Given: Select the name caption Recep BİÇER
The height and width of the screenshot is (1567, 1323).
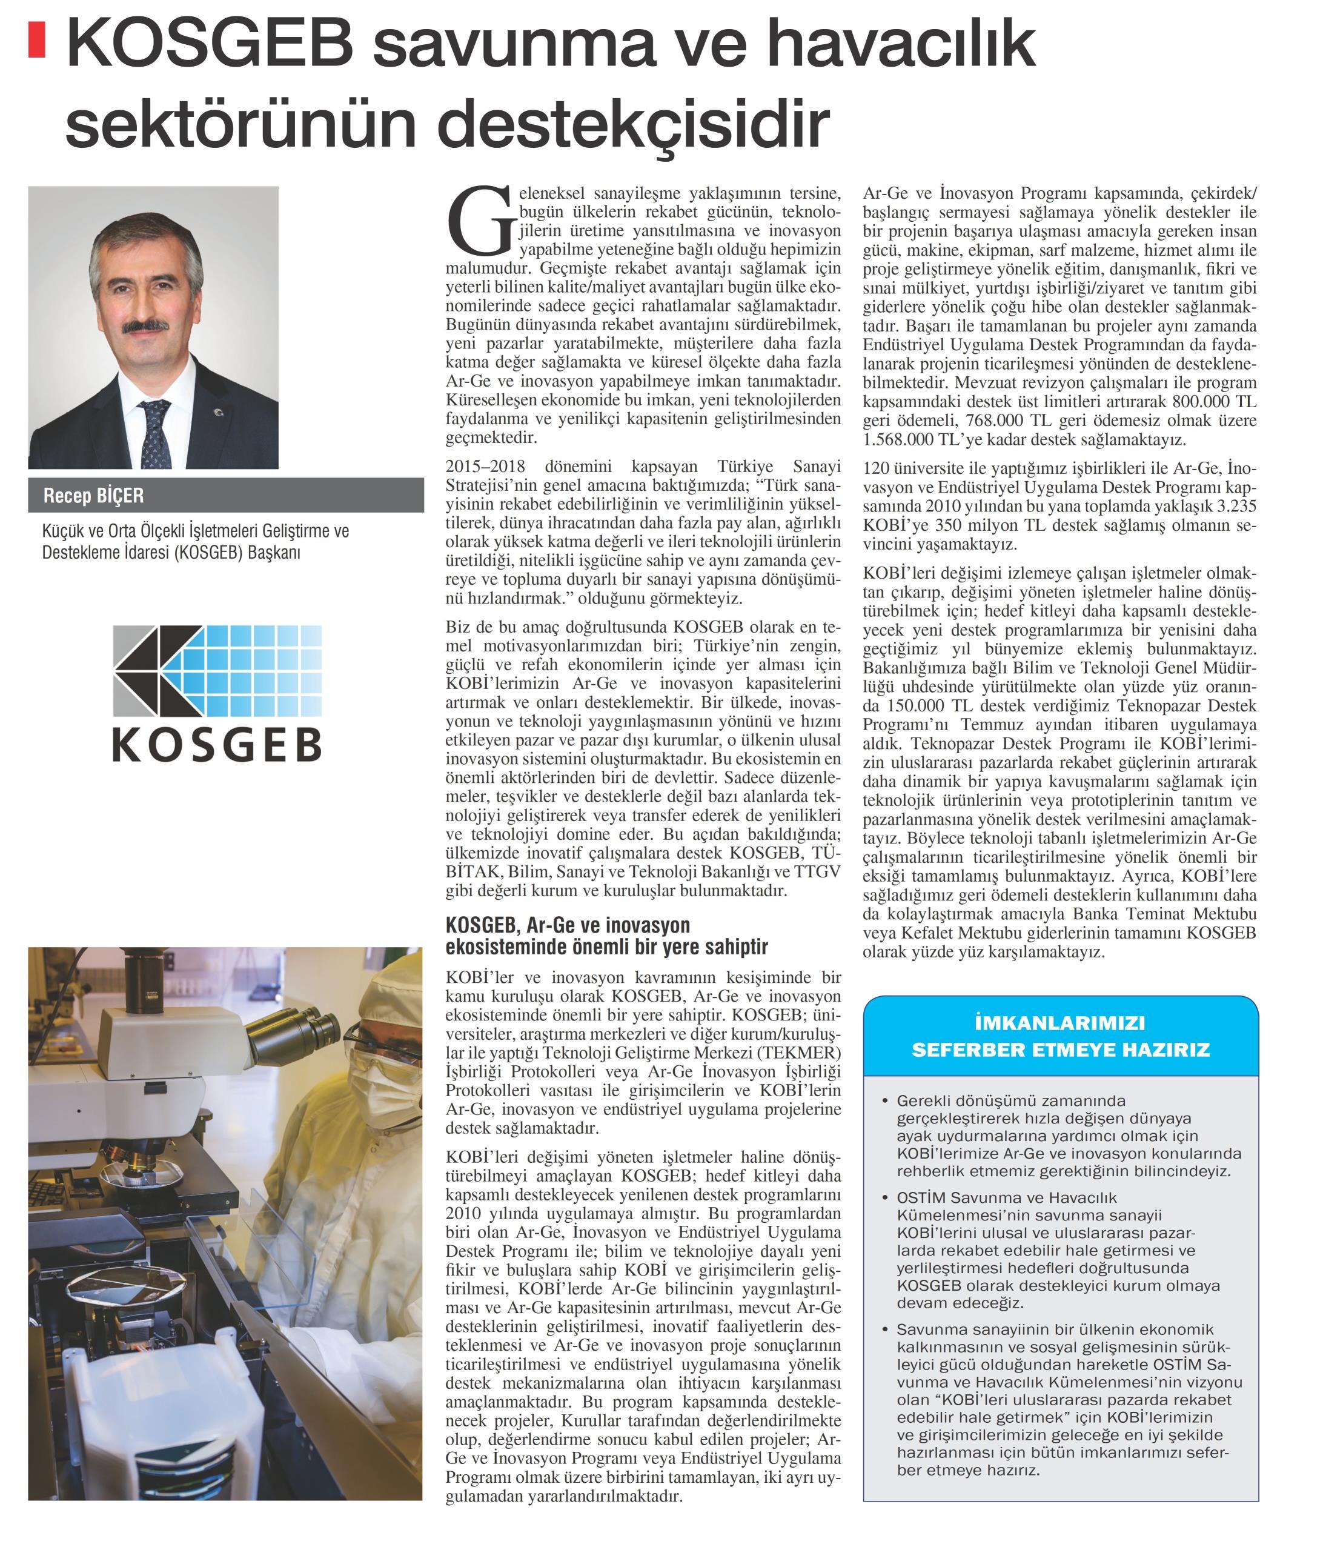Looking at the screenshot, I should [x=93, y=495].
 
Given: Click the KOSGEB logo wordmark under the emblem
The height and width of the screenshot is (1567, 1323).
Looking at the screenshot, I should [x=217, y=745].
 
